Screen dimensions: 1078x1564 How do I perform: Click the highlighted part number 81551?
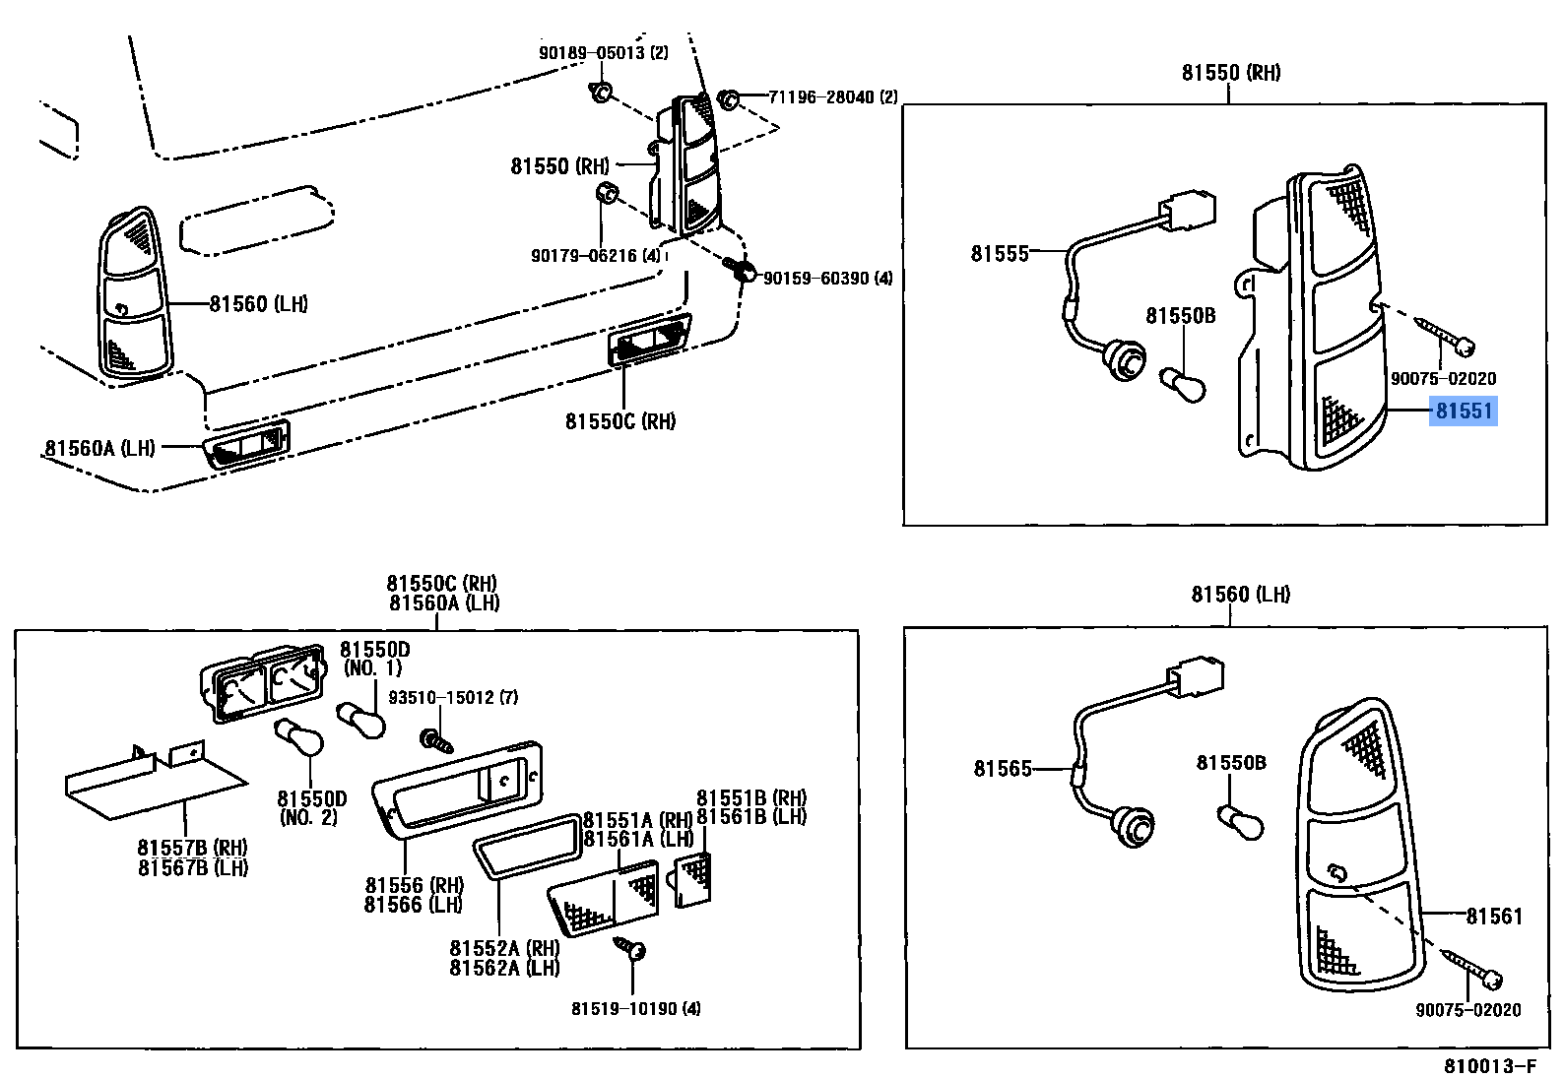[x=1464, y=411]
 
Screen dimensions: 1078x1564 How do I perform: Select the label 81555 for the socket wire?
[x=999, y=254]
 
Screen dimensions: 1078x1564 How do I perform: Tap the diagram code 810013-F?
[x=1489, y=1066]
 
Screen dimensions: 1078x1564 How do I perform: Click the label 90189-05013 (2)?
[x=603, y=53]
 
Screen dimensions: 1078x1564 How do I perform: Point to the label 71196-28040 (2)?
[x=832, y=96]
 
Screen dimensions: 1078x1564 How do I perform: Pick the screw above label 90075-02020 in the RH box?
[x=1444, y=336]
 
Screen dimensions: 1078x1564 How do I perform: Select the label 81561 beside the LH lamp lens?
[x=1493, y=917]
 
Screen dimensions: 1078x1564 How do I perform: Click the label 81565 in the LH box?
[x=1002, y=769]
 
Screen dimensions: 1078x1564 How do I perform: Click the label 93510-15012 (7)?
[x=453, y=697]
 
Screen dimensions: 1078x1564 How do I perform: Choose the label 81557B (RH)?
[x=192, y=848]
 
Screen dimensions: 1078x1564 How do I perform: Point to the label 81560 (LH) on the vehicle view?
[x=258, y=304]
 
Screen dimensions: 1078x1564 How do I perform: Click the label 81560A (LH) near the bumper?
[x=99, y=448]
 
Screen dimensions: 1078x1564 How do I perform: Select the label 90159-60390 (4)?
[x=827, y=279]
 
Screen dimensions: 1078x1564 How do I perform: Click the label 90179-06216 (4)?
[x=595, y=256]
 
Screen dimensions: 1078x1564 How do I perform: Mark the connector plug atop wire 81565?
[x=1196, y=676]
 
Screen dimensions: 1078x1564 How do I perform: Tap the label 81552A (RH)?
[x=504, y=948]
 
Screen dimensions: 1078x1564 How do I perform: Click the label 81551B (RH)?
[x=750, y=797]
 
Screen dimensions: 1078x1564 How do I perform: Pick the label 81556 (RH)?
[x=414, y=885]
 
